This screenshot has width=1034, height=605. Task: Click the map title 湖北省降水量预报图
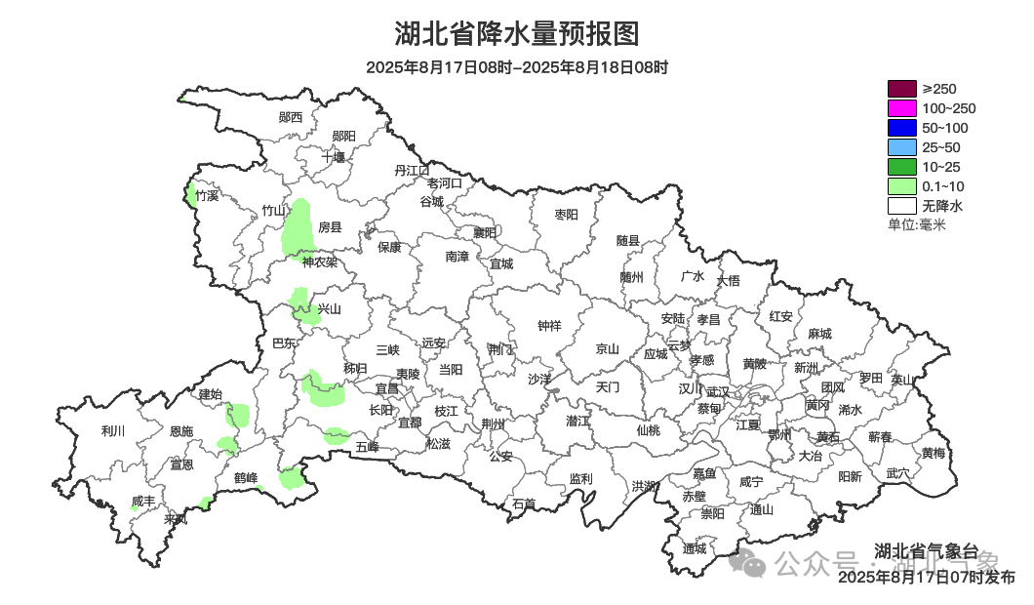517,34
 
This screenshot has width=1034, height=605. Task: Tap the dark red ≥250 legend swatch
901,89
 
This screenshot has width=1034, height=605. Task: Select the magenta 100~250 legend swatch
901,108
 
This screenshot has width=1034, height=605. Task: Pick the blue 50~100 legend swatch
901,128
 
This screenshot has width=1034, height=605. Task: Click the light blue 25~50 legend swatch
901,147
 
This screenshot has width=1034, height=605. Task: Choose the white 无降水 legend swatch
901,206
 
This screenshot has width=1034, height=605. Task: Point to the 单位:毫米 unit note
916,225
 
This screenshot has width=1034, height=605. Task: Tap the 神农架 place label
319,262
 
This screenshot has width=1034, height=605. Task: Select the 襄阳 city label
484,232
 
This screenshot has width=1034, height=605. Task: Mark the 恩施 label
181,431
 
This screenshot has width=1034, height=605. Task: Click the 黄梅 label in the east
933,453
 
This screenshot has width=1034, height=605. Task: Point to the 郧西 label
291,117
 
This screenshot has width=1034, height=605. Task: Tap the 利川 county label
113,431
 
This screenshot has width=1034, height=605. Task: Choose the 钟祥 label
550,326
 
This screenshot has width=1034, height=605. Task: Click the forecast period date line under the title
517,67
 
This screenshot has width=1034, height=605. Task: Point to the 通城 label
695,548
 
